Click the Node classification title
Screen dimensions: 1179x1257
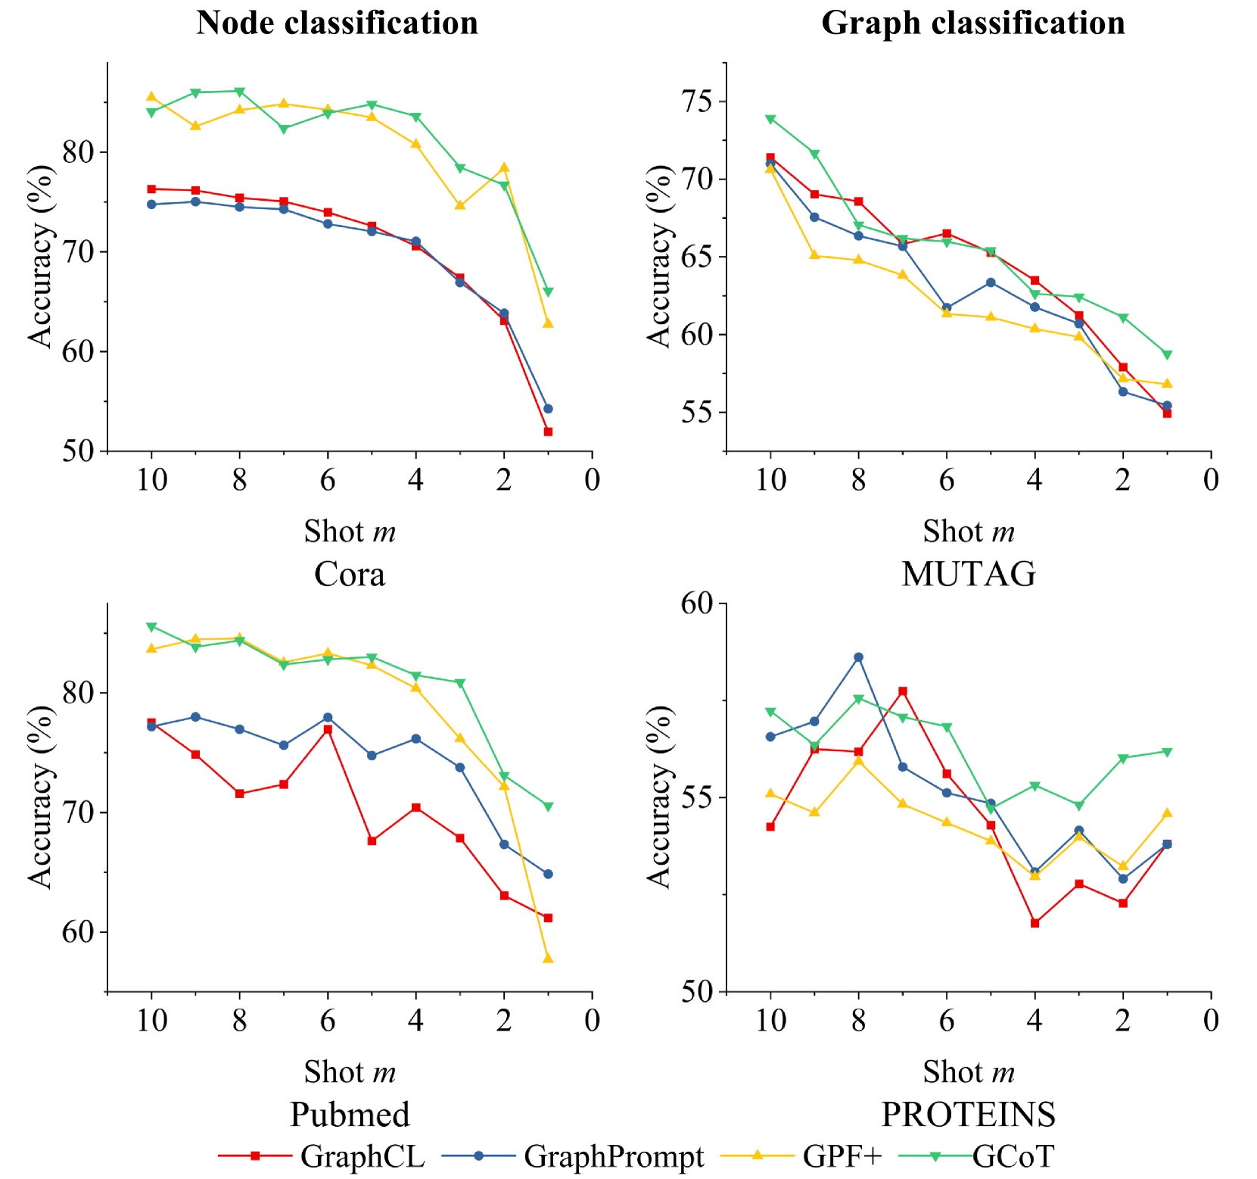click(x=337, y=23)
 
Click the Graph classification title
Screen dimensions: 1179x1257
click(x=972, y=23)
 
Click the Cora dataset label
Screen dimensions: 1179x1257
click(x=349, y=575)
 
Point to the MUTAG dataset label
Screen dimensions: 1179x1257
click(x=969, y=575)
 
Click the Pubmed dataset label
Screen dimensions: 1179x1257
click(x=350, y=1115)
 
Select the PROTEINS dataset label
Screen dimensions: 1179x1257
click(x=969, y=1115)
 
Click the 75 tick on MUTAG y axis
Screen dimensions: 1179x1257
click(x=700, y=101)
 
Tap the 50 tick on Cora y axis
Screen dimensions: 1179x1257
click(x=81, y=451)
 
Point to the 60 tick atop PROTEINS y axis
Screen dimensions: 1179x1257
click(x=700, y=604)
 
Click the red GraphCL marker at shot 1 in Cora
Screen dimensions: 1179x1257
click(x=548, y=432)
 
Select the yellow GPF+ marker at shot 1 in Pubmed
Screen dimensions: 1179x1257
click(x=548, y=959)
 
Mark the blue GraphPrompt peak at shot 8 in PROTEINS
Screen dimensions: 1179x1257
click(x=858, y=657)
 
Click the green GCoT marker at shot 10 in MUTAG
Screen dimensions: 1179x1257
click(x=770, y=119)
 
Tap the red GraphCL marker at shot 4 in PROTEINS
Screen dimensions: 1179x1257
click(x=1035, y=923)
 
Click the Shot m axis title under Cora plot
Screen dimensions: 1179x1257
click(x=350, y=532)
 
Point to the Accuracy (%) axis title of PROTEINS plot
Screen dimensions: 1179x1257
click(x=659, y=797)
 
